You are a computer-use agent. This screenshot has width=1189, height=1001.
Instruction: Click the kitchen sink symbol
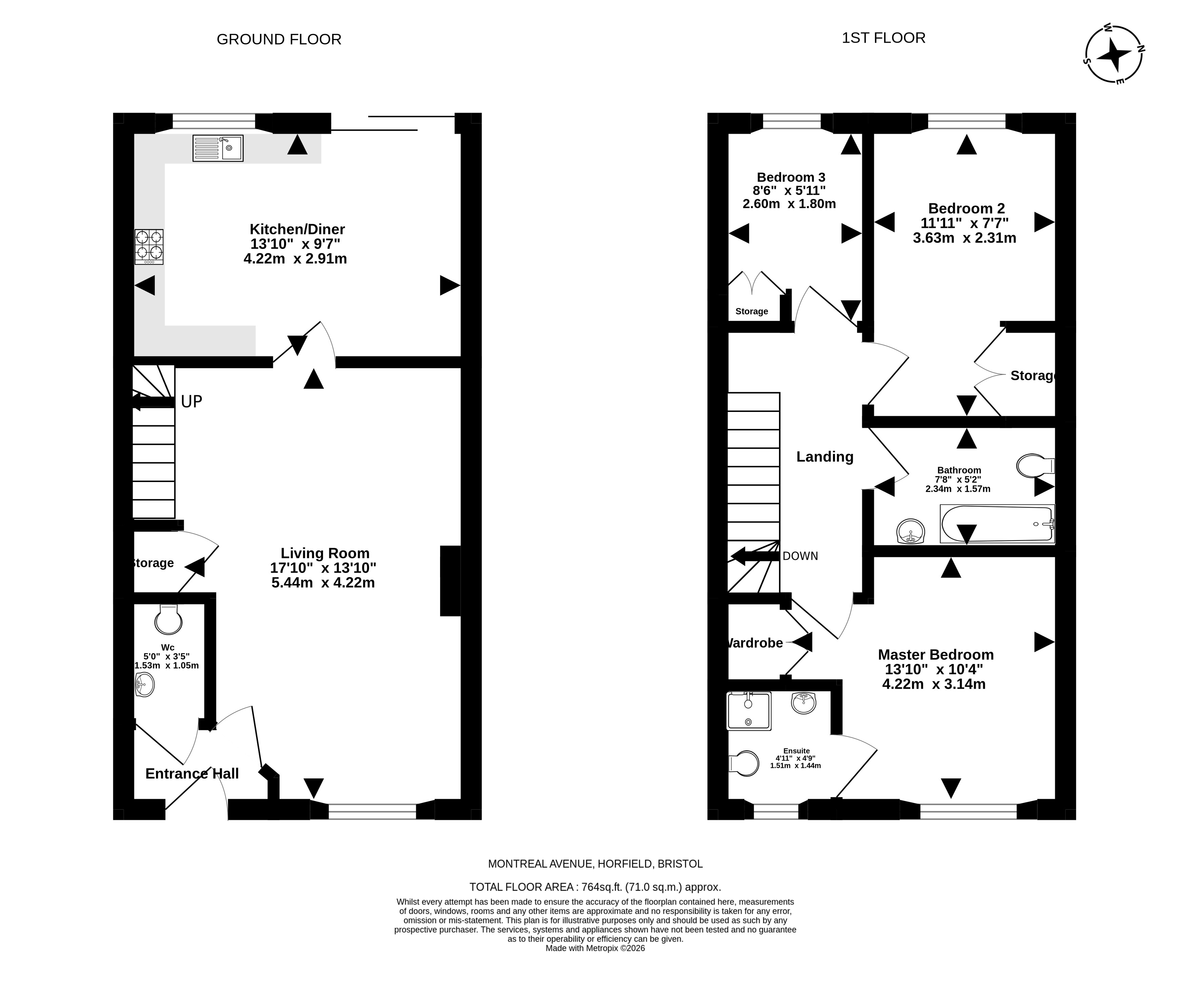coord(218,148)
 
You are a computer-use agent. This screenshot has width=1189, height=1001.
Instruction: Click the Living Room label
coord(325,553)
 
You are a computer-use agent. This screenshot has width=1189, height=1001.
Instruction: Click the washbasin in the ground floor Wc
coord(145,684)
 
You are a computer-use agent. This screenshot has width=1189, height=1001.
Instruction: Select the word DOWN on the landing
coord(800,556)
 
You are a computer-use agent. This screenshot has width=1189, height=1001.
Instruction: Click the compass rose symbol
coord(1113,55)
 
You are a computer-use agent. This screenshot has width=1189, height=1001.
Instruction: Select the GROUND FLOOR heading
coord(279,40)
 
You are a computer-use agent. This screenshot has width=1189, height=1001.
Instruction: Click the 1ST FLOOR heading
coord(884,38)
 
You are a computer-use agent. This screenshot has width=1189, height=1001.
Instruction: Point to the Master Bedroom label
coord(936,655)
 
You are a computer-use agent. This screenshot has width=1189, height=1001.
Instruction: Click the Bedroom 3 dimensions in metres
coord(789,204)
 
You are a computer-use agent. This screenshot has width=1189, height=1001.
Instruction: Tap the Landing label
coord(825,457)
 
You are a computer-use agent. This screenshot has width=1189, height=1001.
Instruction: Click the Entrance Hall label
coord(192,773)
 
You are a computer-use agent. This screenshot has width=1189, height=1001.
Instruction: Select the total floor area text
coord(595,887)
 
